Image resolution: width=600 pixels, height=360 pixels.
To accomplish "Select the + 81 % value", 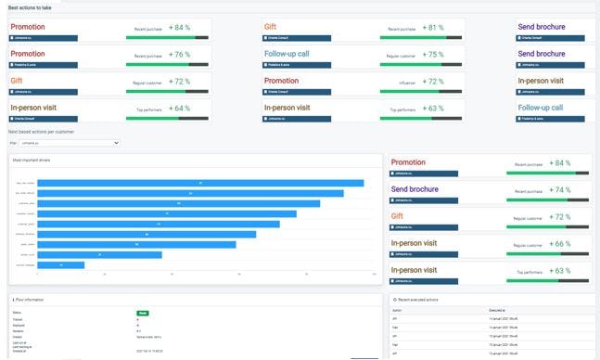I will (433, 28).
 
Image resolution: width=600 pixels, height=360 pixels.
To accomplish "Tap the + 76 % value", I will (178, 55).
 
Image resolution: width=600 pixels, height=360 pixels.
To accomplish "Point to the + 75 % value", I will (433, 55).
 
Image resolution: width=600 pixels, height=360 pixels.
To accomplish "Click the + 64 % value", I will (178, 109).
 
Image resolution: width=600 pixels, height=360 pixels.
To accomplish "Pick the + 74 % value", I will (559, 189).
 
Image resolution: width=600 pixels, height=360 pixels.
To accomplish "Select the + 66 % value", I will (559, 243).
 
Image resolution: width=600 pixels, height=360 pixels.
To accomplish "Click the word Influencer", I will (406, 83).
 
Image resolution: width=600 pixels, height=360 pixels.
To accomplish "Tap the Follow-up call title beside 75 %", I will (295, 54).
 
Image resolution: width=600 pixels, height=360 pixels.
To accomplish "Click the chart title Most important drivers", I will (32, 161).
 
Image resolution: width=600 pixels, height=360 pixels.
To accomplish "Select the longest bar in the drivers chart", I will (199, 183).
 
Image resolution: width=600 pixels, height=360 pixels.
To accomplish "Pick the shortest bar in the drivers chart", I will (60, 265).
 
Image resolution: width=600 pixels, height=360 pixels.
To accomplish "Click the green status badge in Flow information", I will (143, 313).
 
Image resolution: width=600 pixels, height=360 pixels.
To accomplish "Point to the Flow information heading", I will (35, 300).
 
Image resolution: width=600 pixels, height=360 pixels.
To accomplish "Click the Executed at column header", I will (498, 310).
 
